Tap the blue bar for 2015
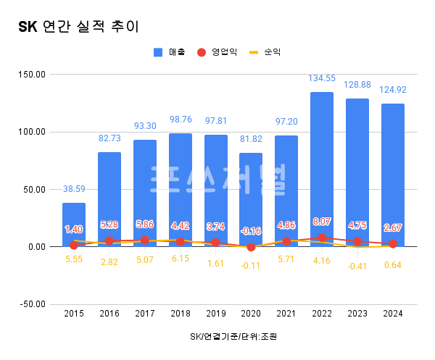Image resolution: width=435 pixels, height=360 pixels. point(74,225)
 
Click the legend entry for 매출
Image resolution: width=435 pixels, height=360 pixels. point(170,52)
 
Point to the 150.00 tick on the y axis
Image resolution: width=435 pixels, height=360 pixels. point(31,75)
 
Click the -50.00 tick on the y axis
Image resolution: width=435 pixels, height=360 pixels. point(31,304)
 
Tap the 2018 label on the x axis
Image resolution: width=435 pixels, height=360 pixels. point(180,313)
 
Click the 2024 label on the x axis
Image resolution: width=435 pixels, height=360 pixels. point(393,313)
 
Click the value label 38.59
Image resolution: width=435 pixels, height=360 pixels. point(74,188)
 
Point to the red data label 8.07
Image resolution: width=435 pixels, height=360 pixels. point(322,222)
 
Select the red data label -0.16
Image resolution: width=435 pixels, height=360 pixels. point(251,231)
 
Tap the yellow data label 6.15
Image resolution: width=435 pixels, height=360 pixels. point(180,258)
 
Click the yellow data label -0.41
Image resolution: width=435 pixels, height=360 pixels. point(357,265)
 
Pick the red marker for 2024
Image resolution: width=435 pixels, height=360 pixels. point(393,244)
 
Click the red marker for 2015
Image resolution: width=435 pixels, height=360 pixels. point(74,246)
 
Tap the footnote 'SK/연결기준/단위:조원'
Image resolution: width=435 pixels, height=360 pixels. point(233,337)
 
